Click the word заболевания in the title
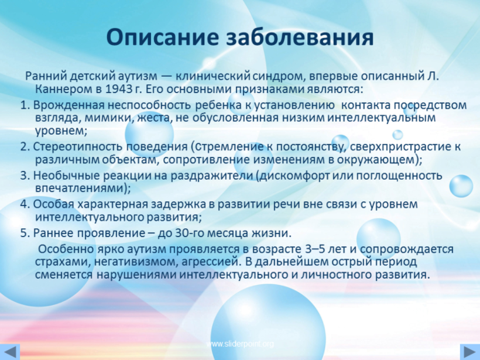pos(300,38)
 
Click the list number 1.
pos(25,105)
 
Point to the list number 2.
pos(25,147)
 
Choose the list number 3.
pos(25,176)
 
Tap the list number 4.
pos(25,204)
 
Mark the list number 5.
pos(25,233)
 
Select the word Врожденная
pos(69,105)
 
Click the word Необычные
pos(66,176)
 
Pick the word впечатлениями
pos(81,188)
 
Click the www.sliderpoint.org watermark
pos(240,344)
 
